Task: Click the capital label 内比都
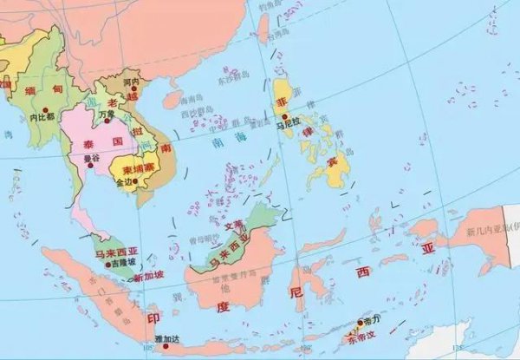coord(42,116)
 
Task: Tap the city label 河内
coord(132,83)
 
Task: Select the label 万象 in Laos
coord(107,114)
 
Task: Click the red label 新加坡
coord(148,278)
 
